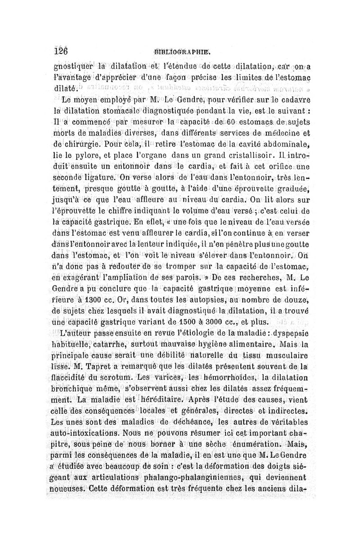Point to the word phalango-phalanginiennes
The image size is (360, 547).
tap(178, 475)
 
